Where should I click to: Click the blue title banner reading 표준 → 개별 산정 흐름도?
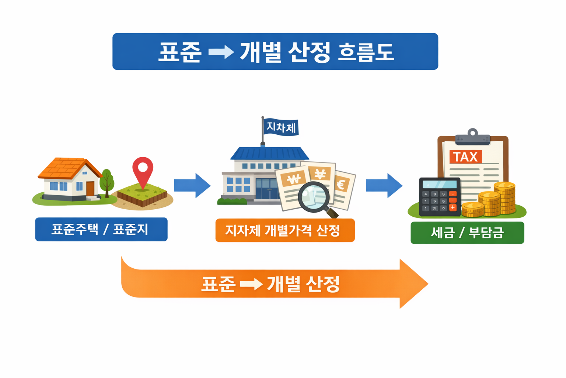tap(275, 51)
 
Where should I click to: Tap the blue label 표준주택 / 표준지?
tap(101, 229)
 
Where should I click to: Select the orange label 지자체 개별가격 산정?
tap(285, 230)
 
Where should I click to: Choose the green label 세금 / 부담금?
tap(467, 233)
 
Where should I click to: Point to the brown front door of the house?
tap(90, 189)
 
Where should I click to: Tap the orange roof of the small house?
tap(66, 168)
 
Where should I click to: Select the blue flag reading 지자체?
tap(281, 127)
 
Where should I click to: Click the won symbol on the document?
tap(294, 179)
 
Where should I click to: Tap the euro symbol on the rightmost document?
tap(341, 184)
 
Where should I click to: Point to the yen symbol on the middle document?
tap(320, 173)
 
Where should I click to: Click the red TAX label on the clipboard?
tap(465, 157)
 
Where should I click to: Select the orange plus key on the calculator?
tap(453, 207)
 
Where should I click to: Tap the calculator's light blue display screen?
tap(439, 184)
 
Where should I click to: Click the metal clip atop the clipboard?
tap(472, 137)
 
